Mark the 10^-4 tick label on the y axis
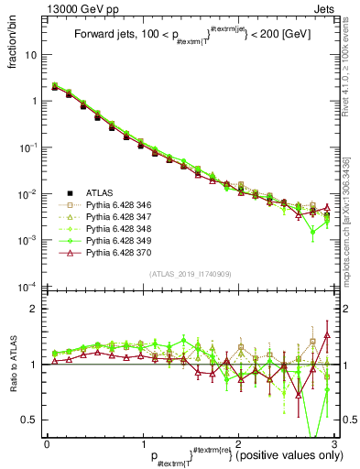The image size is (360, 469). coord(27,287)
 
